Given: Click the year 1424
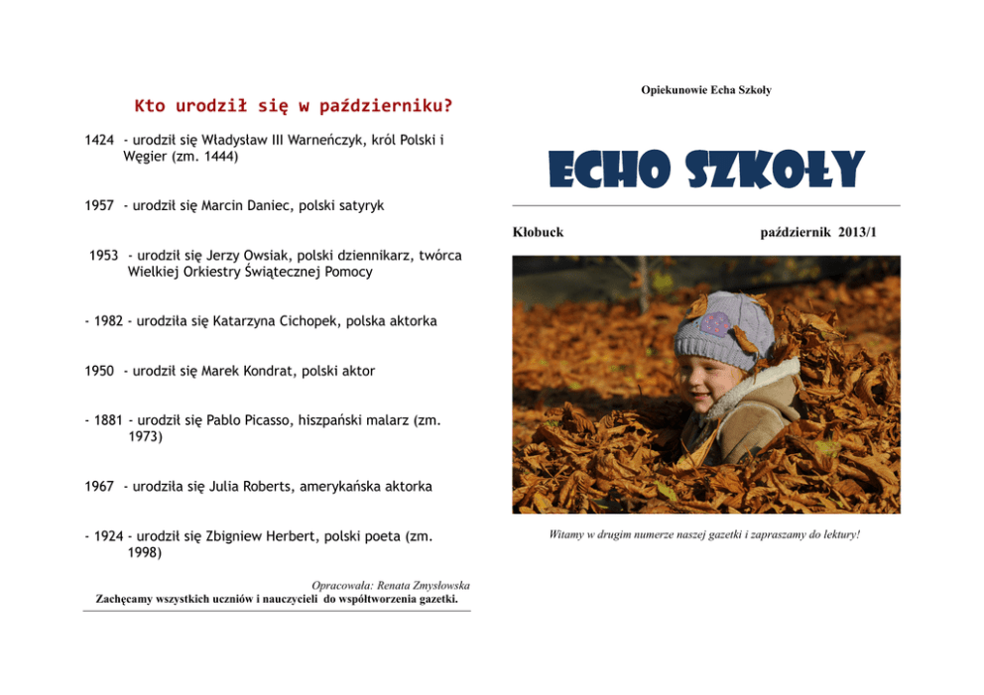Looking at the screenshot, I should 99,141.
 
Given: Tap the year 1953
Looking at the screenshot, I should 103,256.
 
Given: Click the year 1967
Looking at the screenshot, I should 99,487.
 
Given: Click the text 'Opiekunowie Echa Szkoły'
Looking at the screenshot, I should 705,90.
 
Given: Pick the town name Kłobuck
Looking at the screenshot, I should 538,232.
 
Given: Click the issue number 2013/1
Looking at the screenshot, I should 859,232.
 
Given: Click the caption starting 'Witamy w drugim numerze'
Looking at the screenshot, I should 704,535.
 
